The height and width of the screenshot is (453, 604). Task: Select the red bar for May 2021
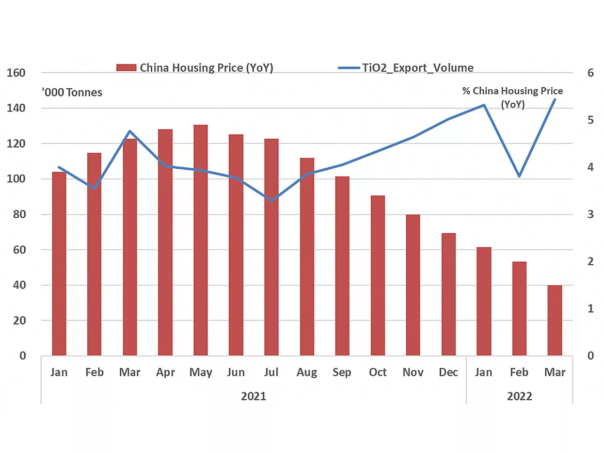(200, 240)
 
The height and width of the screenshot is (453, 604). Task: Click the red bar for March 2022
(554, 320)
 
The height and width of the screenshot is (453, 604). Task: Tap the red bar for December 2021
(448, 294)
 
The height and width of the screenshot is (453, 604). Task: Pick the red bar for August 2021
(307, 256)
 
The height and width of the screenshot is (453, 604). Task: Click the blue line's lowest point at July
(272, 200)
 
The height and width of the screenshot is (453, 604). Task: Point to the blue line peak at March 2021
(130, 131)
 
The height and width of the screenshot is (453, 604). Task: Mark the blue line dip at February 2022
(519, 176)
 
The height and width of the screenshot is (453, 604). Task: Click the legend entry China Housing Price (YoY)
(195, 68)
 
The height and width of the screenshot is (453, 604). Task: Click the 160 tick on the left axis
(16, 73)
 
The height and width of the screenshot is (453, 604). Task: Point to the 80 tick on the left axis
(19, 214)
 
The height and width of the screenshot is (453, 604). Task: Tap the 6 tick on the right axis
(591, 73)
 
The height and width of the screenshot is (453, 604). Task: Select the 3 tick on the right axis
(591, 214)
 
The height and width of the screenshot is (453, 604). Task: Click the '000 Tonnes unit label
(72, 92)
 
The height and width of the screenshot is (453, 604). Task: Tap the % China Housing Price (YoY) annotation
(512, 97)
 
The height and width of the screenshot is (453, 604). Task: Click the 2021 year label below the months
(253, 396)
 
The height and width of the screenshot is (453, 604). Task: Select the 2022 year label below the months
(519, 396)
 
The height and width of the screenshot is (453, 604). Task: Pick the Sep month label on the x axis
(342, 373)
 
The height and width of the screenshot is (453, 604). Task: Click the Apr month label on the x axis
(165, 373)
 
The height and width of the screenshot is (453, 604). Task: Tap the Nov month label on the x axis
(413, 373)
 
